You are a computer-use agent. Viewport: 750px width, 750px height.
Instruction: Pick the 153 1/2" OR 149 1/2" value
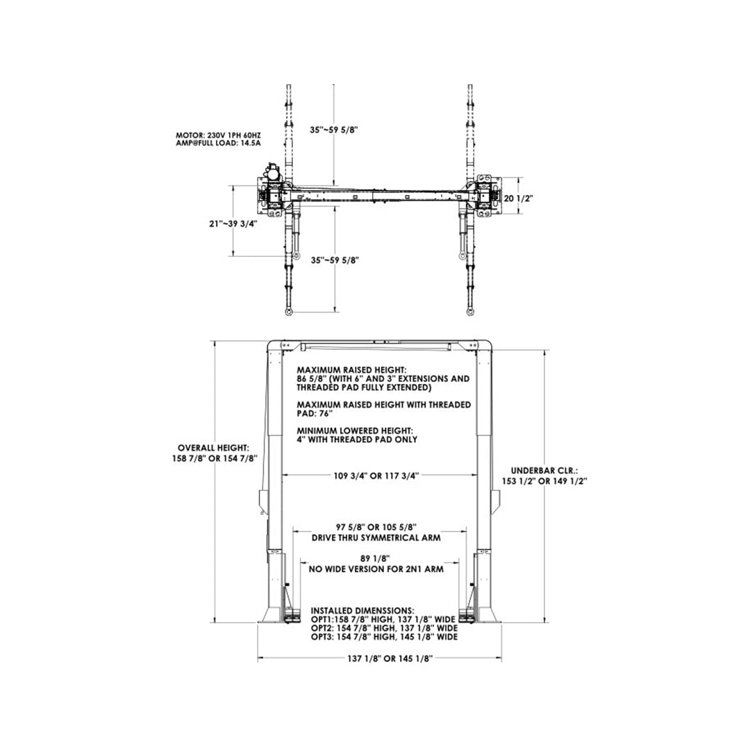click(544, 480)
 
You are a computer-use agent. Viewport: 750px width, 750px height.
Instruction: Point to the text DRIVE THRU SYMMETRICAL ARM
click(378, 537)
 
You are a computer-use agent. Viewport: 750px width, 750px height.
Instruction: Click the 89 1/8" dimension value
click(378, 558)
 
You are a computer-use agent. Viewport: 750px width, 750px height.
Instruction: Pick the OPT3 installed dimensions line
click(383, 637)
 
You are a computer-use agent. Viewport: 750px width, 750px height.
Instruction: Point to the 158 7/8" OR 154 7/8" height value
click(217, 458)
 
